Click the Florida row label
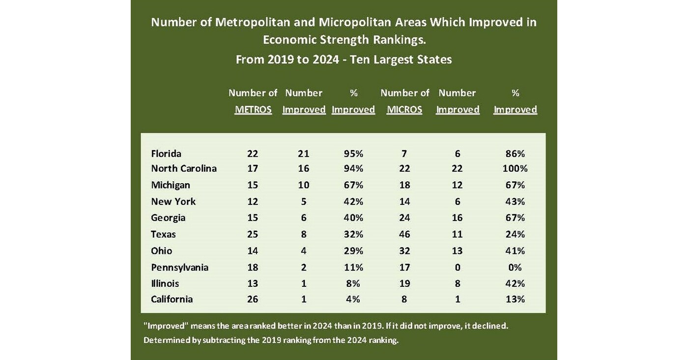point(166,153)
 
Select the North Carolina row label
point(184,168)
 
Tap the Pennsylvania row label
point(180,267)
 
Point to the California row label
point(172,299)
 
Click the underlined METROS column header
point(253,110)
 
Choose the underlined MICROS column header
point(404,110)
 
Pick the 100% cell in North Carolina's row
point(515,168)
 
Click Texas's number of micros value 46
point(404,234)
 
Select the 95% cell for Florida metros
point(353,153)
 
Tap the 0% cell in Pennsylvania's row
point(515,267)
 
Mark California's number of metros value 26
point(253,299)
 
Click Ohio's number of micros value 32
point(404,250)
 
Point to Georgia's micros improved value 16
point(458,218)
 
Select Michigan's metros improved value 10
point(304,185)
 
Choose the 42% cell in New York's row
point(353,201)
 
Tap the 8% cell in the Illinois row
point(353,283)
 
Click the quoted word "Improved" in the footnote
point(165,326)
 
